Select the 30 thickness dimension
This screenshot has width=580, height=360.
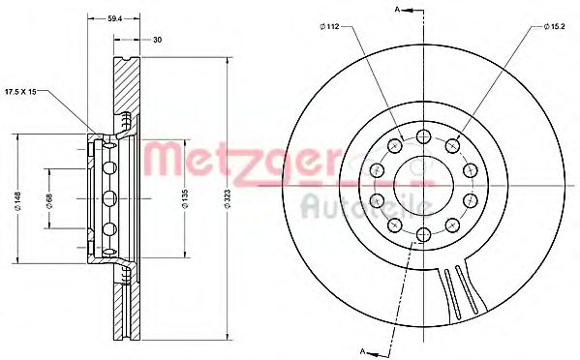[157, 39]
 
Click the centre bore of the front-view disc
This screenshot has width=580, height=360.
[424, 182]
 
